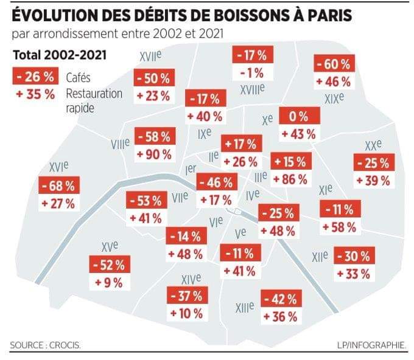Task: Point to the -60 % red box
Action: (333, 64)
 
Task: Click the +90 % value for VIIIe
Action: (155, 154)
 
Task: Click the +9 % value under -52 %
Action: (108, 282)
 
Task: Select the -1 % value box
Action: (253, 73)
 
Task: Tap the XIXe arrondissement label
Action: (334, 98)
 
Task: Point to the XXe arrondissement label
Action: (373, 146)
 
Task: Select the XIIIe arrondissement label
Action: (244, 308)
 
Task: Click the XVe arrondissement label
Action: (110, 246)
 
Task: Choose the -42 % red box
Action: (281, 299)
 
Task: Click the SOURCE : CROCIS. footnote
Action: (46, 345)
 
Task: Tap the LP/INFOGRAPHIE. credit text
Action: (371, 345)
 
